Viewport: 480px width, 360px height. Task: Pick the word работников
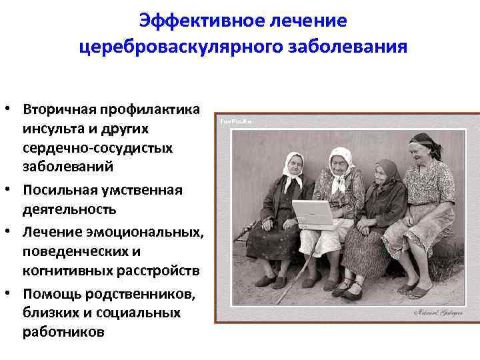63,331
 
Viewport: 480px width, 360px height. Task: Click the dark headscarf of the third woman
385,169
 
